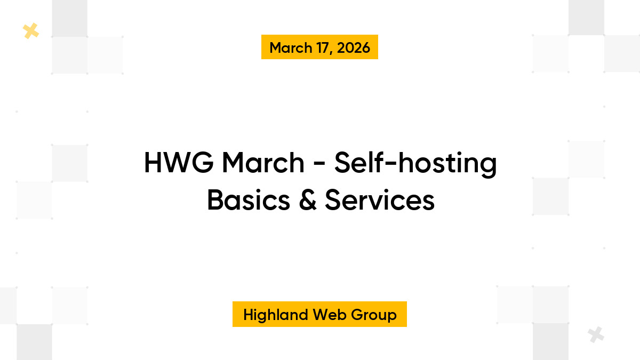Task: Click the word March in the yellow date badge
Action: point(291,47)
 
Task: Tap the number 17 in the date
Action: point(326,47)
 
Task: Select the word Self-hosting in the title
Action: point(415,163)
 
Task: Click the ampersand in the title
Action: point(308,201)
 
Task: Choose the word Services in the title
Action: point(380,201)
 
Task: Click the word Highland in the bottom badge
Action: point(276,315)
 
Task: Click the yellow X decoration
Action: point(31,31)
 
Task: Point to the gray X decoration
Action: point(596,334)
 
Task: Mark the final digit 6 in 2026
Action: point(365,47)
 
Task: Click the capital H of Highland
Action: point(248,315)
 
